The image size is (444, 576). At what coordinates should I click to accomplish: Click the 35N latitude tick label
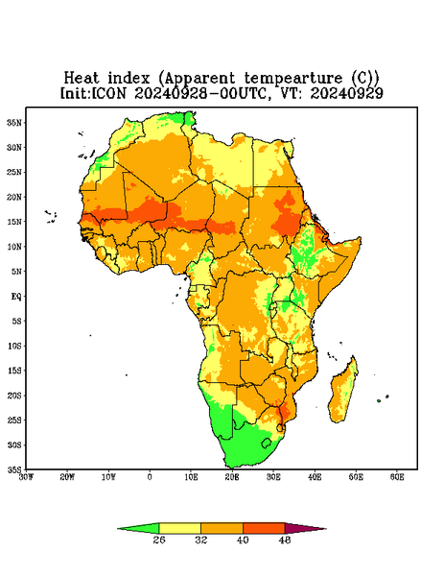pos(14,122)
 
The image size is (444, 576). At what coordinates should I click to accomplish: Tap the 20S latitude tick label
pos(14,396)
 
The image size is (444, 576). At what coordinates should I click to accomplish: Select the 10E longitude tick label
pos(191,477)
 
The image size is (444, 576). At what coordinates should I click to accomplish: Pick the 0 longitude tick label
pos(150,477)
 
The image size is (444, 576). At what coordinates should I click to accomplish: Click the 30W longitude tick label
pos(26,477)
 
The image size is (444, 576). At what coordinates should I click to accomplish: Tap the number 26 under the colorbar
pos(159,540)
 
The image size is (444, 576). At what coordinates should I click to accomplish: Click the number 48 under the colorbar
pos(285,540)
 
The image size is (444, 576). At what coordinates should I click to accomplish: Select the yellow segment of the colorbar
pos(179,528)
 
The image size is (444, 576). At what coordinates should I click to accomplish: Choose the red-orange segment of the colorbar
pos(264,528)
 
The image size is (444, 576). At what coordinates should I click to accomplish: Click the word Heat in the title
pos(82,79)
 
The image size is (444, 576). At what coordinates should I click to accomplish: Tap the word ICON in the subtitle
pos(109,93)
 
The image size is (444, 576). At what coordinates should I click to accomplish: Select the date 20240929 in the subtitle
pos(347,93)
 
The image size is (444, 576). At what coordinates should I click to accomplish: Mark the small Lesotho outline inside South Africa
pos(267,443)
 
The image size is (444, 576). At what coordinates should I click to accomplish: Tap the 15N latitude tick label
pos(14,222)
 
